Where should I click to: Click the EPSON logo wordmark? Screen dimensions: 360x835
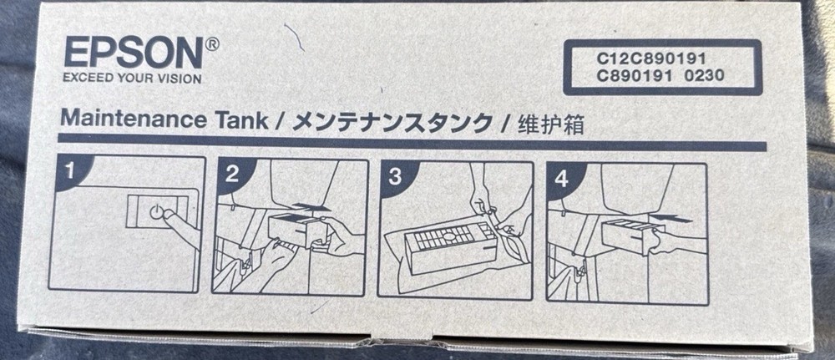[133, 54]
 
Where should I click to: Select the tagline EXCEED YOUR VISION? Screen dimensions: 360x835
[132, 79]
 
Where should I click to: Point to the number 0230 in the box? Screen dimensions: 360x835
[705, 75]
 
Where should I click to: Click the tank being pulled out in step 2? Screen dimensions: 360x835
[294, 229]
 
